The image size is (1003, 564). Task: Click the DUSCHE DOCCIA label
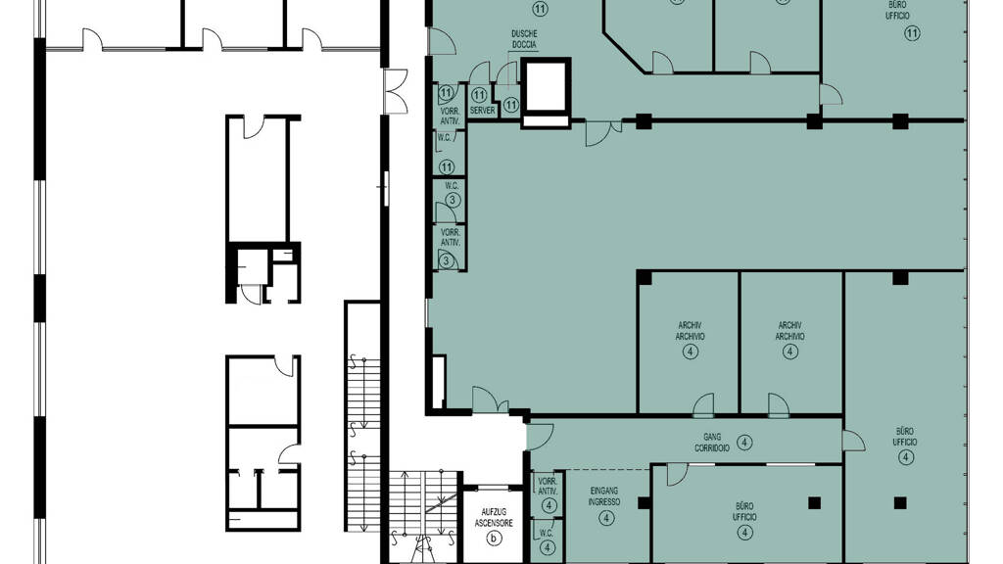(x=524, y=39)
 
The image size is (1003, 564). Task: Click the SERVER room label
(x=482, y=111)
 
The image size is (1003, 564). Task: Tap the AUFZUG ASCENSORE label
(x=494, y=517)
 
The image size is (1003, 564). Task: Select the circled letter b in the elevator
(x=494, y=539)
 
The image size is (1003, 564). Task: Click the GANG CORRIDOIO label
(x=711, y=443)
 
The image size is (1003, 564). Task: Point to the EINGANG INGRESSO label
(x=603, y=496)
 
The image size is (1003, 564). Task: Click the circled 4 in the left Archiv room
(x=690, y=352)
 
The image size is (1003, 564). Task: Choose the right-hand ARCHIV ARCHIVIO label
(x=790, y=331)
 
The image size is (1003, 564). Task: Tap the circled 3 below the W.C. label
(x=453, y=200)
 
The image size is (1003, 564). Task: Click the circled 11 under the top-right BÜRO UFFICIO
(x=912, y=32)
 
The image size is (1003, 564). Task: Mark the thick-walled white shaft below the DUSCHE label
(x=546, y=92)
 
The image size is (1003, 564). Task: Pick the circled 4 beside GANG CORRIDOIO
(x=744, y=442)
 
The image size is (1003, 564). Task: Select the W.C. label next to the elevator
(x=547, y=533)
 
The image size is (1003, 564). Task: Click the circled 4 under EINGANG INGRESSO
(x=605, y=517)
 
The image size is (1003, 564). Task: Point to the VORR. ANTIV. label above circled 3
(x=451, y=237)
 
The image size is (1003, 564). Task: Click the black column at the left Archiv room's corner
(x=644, y=277)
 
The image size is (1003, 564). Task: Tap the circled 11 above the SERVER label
(x=478, y=96)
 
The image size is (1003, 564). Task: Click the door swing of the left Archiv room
(x=703, y=404)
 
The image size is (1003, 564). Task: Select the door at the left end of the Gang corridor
(x=540, y=436)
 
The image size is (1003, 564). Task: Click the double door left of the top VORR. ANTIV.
(x=396, y=91)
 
